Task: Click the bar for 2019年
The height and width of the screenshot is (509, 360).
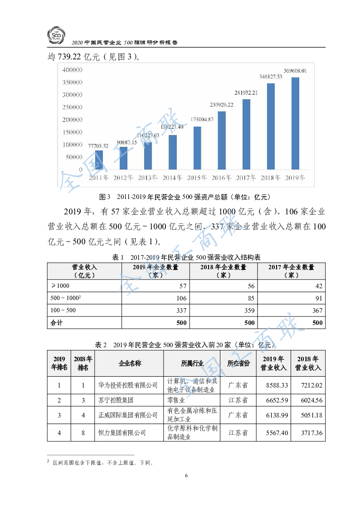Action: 295,123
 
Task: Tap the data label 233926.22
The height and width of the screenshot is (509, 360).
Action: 222,105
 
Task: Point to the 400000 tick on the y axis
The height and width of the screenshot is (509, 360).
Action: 72,70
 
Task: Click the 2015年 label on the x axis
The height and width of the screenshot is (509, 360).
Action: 197,178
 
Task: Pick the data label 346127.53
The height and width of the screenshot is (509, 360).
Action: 271,77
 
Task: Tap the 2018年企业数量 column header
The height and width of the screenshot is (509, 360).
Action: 223,271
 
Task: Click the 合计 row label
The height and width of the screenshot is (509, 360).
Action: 56,323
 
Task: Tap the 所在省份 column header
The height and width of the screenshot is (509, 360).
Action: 238,364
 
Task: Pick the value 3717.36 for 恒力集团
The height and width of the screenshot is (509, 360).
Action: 311,433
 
